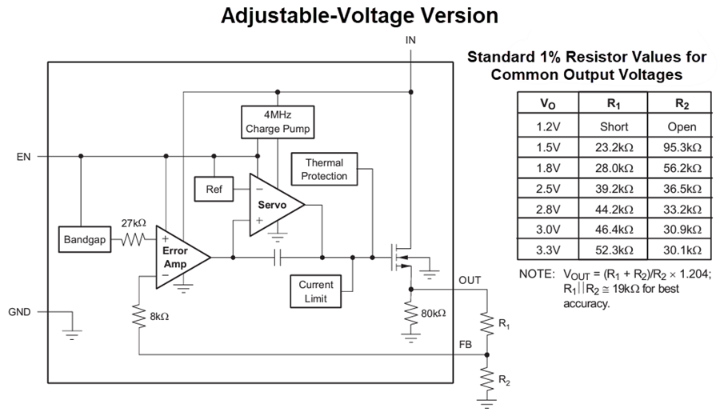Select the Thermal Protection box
pos(324,170)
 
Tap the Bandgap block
pos(83,239)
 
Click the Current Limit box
pos(316,291)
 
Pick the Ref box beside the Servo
pos(214,189)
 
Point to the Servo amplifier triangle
pos(272,205)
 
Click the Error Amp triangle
pos(178,257)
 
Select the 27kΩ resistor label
pos(134,223)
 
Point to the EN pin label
pos(23,157)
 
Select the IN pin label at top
pos(410,39)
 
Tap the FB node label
pos(464,345)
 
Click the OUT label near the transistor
pos(470,280)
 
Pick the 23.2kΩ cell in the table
pos(614,147)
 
